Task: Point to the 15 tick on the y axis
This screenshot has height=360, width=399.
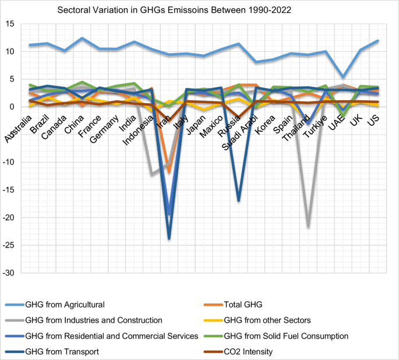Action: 10,24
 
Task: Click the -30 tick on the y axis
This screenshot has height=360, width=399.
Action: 8,273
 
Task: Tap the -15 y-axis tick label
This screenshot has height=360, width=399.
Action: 8,190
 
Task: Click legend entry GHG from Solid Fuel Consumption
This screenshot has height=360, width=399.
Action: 285,336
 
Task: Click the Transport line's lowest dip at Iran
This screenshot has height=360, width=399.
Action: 170,238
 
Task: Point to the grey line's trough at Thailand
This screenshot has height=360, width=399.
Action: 308,227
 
